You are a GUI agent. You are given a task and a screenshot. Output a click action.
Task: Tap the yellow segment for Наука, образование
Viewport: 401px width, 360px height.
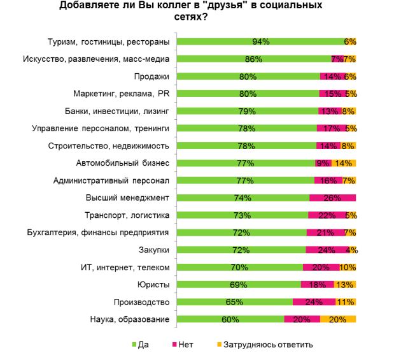(x=338, y=319)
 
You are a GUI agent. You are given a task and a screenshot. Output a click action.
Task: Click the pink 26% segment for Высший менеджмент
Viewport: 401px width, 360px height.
(x=332, y=198)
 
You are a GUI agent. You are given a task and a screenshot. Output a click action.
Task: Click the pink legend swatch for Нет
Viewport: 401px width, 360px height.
(x=173, y=345)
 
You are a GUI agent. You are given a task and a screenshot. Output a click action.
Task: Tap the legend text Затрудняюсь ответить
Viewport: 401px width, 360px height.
(x=278, y=345)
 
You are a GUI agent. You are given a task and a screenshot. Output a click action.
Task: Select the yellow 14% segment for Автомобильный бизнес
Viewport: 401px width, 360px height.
(x=343, y=163)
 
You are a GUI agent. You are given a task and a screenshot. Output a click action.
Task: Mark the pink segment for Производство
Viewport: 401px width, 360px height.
(x=314, y=302)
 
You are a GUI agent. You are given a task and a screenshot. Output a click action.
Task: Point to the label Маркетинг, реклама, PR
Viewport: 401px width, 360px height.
(x=121, y=94)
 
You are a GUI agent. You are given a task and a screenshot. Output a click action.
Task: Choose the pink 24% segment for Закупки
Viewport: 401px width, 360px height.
(x=327, y=250)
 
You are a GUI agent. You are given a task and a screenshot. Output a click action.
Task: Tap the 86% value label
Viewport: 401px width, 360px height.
(x=253, y=59)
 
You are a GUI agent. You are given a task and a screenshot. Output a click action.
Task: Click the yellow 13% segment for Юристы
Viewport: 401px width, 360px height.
(x=344, y=285)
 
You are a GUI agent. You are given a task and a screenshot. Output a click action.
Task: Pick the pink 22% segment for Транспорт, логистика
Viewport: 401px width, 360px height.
(x=327, y=215)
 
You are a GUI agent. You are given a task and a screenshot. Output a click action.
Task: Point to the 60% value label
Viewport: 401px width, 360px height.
(x=230, y=319)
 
